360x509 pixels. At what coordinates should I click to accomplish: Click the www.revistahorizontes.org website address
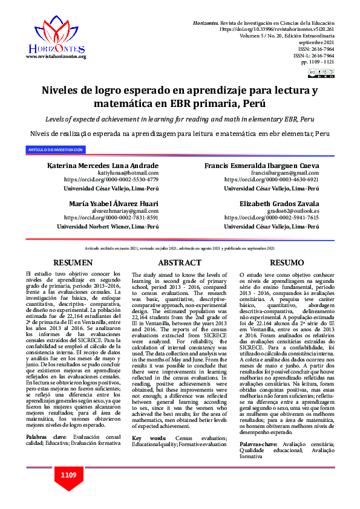(x=56, y=56)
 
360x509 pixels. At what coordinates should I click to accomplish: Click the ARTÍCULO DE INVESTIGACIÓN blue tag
(x=56, y=149)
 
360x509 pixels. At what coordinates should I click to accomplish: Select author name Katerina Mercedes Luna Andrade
(x=103, y=166)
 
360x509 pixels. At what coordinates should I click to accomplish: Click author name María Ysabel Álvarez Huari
(x=114, y=203)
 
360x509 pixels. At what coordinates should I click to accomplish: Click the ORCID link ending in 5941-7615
(x=271, y=218)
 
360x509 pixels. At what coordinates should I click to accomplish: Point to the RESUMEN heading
(x=73, y=263)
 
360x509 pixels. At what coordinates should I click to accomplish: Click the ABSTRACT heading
(x=180, y=263)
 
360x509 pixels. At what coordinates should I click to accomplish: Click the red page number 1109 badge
(x=68, y=475)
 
